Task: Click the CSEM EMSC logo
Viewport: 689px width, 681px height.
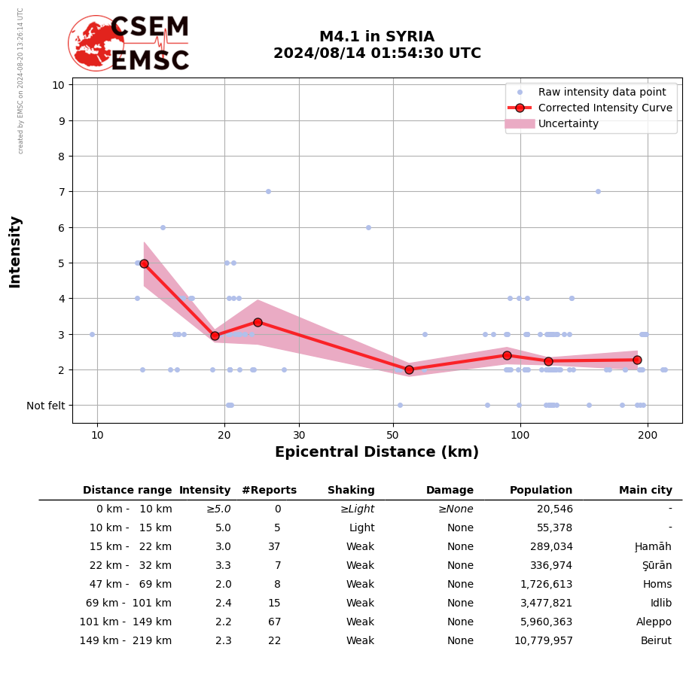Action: [129, 44]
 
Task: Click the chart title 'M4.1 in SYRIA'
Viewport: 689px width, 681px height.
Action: [377, 37]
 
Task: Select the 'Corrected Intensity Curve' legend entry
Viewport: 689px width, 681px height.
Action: [605, 108]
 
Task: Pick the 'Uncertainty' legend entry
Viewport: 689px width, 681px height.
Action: [568, 123]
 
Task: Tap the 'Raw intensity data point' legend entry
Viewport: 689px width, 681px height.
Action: [602, 92]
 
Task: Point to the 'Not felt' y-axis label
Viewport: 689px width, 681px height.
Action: [45, 406]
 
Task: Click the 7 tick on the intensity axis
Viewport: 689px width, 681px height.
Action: [58, 192]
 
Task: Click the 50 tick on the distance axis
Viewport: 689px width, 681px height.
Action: [392, 435]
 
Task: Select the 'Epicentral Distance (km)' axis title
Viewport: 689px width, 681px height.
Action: [377, 452]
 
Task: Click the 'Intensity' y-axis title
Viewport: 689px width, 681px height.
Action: [15, 251]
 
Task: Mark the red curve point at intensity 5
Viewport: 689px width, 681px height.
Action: [144, 263]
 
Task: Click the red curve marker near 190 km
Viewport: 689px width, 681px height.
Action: [637, 360]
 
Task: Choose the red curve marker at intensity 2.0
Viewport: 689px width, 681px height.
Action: [409, 369]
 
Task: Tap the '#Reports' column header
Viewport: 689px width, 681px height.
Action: [269, 491]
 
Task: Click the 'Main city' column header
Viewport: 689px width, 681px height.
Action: [645, 491]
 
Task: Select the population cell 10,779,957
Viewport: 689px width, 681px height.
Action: [540, 641]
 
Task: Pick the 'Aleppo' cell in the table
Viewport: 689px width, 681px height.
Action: [654, 622]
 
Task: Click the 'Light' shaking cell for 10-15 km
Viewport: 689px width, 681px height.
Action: [361, 528]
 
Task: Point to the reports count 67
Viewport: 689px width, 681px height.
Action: [274, 622]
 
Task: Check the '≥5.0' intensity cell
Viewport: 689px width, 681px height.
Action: [218, 509]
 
